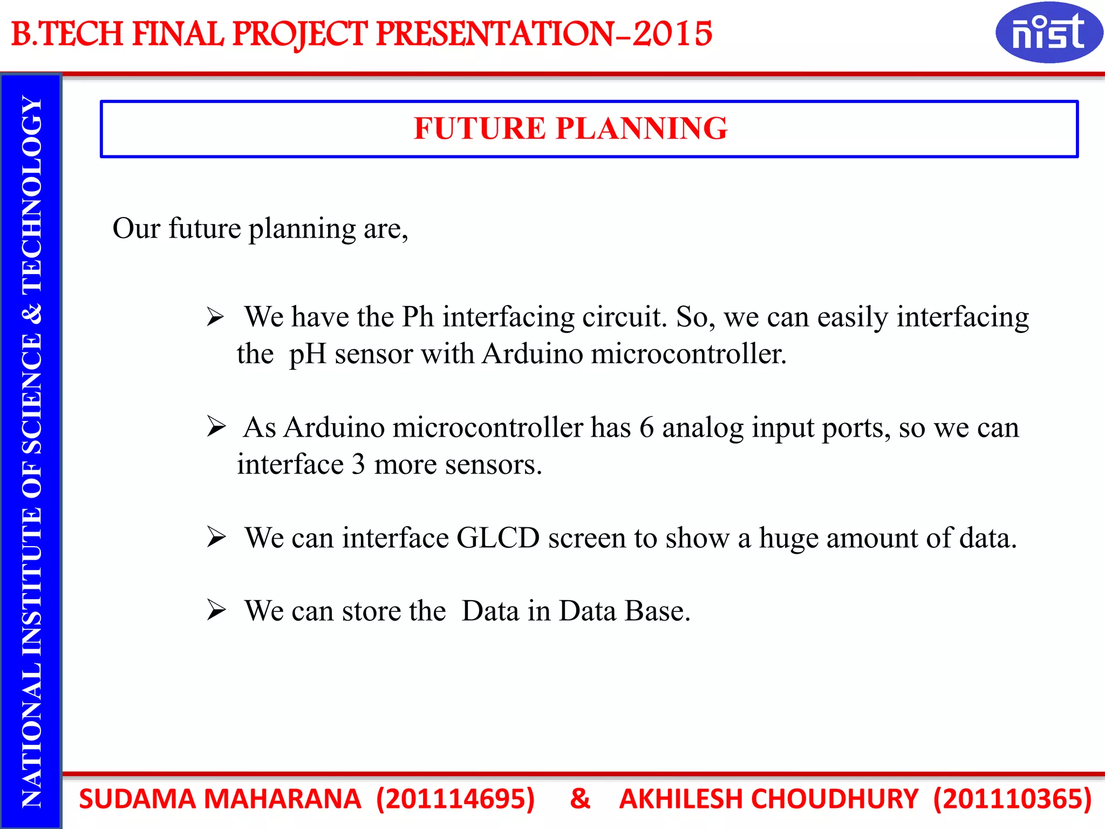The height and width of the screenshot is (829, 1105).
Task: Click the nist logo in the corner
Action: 1048,32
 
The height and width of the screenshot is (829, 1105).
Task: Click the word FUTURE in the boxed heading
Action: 480,128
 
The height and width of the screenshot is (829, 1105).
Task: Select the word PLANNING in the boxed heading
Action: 642,128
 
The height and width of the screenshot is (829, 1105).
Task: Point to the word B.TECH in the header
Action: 67,33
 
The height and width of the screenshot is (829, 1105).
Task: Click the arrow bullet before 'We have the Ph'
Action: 215,317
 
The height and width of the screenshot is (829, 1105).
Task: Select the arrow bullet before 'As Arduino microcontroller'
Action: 216,427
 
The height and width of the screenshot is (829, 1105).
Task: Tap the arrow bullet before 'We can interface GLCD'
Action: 216,538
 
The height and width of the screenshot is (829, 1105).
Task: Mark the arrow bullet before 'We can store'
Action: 216,611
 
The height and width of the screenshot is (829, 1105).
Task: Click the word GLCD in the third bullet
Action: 498,538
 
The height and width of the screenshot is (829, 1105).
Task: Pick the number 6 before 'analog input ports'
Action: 646,428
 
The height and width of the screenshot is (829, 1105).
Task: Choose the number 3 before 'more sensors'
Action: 358,465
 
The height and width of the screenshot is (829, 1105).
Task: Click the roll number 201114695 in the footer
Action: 455,799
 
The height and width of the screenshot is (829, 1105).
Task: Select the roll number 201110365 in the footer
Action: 1012,799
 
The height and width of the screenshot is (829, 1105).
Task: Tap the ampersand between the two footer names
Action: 580,799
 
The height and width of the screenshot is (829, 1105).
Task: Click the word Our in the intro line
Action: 136,229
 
